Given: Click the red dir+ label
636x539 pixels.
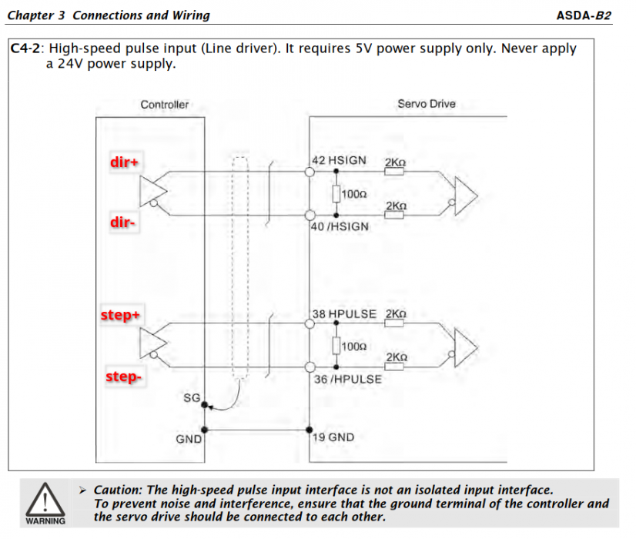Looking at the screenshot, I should (125, 162).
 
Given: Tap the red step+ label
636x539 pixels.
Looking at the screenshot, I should (122, 316).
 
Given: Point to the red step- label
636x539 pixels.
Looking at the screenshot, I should (123, 377).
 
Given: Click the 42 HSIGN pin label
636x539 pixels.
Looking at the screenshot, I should (339, 160).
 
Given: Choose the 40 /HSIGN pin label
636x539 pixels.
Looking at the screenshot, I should (340, 226).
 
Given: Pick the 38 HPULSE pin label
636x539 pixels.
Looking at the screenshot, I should (343, 314).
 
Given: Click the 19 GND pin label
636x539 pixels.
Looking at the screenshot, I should (333, 437).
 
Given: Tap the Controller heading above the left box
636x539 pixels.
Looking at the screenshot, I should (164, 105).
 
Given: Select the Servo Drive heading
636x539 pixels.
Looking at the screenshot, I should (426, 104).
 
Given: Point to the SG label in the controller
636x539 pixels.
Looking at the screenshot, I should (192, 397).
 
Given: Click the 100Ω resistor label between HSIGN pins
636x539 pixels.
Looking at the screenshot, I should (353, 195).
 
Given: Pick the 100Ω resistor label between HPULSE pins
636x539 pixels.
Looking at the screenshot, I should (353, 347).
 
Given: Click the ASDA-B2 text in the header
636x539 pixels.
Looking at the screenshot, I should (584, 15).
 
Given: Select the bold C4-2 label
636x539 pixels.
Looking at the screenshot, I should (25, 49).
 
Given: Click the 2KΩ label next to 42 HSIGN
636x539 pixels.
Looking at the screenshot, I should (394, 162).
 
